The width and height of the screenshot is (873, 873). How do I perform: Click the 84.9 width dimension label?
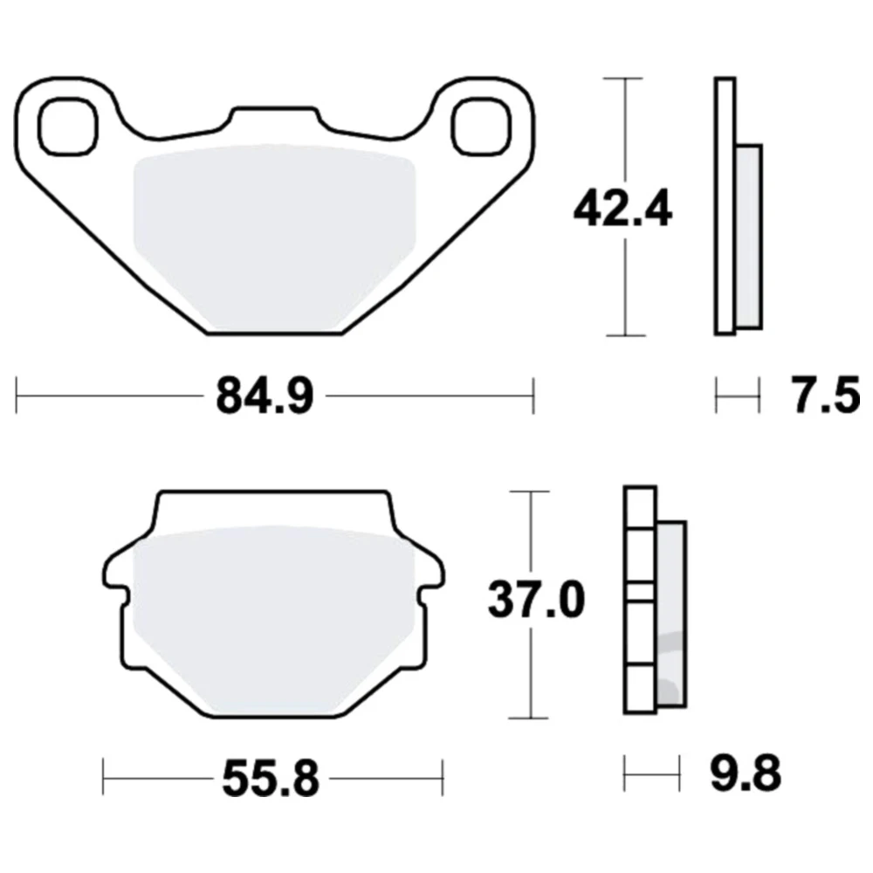(265, 395)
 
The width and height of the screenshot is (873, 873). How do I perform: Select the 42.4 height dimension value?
(623, 210)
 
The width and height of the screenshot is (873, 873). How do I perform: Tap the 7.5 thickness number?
(826, 395)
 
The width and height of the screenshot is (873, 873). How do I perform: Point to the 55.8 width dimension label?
(272, 779)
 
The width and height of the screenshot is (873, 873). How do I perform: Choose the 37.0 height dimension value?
(537, 601)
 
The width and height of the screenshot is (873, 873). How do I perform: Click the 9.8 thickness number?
(746, 773)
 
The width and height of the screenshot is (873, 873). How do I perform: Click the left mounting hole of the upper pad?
(68, 127)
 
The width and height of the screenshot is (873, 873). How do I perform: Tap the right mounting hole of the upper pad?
(481, 127)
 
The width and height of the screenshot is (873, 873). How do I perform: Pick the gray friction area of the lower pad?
(274, 618)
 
